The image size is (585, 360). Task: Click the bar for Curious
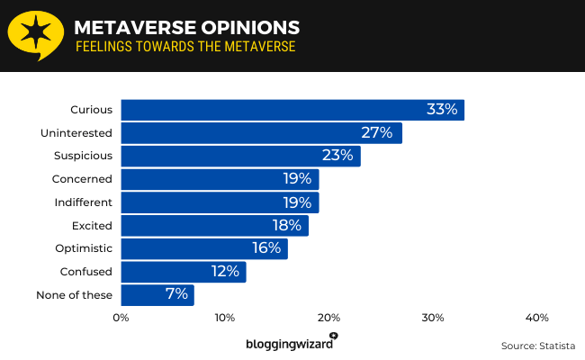(x=292, y=110)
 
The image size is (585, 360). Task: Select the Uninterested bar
(x=261, y=133)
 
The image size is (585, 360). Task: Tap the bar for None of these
(x=157, y=294)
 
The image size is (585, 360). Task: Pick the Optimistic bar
(x=204, y=248)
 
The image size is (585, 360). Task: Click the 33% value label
(x=442, y=110)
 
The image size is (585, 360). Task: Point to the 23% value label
(x=337, y=156)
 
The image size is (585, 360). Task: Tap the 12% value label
(x=224, y=271)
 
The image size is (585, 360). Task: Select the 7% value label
(x=176, y=294)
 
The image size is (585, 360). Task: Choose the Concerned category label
(x=83, y=179)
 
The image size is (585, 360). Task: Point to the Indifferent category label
(x=84, y=202)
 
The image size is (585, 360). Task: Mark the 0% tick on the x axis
(x=121, y=318)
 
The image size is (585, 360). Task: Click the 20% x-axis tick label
(x=328, y=318)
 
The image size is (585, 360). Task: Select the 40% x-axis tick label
(x=536, y=318)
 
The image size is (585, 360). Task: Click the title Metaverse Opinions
(x=187, y=27)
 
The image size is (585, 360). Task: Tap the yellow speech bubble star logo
(x=35, y=34)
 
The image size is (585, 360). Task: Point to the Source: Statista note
(x=536, y=346)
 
